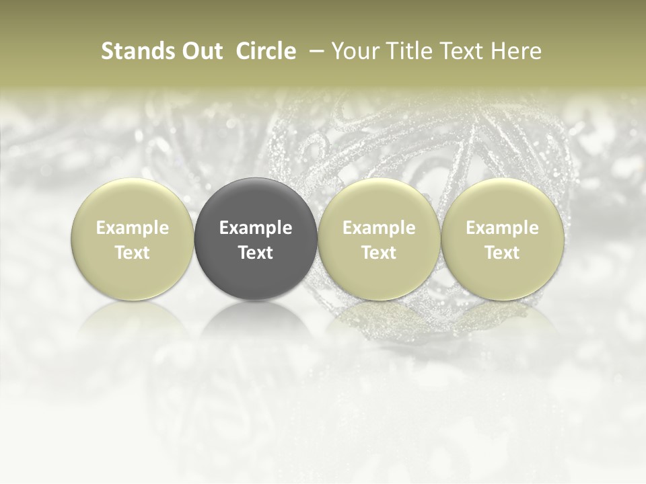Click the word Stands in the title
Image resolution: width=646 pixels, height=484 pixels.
click(138, 51)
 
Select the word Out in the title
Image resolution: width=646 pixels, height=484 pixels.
click(201, 51)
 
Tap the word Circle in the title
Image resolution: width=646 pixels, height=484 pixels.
click(266, 51)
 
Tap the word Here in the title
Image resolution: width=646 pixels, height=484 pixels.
click(516, 51)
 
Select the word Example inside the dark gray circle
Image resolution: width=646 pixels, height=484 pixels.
click(256, 228)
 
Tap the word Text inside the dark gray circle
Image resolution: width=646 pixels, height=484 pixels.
click(256, 253)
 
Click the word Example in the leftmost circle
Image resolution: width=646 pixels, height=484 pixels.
click(132, 228)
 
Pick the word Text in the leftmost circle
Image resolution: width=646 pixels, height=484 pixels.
click(132, 253)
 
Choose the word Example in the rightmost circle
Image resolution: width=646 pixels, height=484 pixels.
click(502, 228)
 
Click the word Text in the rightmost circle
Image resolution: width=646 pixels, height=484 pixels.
click(502, 253)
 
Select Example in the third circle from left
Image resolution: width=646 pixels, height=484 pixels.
click(379, 228)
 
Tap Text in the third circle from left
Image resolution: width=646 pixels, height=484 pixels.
click(379, 253)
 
